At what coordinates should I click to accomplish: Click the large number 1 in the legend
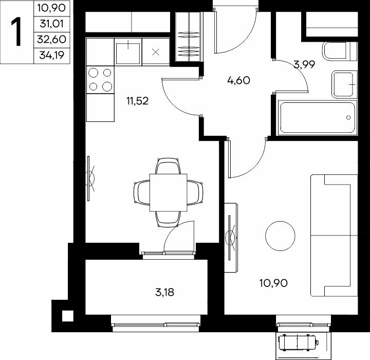(16, 32)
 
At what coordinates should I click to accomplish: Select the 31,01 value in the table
(52, 24)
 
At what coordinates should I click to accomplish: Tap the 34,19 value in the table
(52, 55)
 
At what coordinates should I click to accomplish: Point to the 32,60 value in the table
(52, 40)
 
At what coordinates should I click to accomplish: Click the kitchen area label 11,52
(138, 101)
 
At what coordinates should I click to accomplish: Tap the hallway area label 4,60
(238, 80)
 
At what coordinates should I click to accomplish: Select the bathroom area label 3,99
(304, 64)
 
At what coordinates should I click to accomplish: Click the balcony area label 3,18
(165, 292)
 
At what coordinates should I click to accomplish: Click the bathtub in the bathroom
(318, 118)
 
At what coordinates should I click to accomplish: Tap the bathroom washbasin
(344, 84)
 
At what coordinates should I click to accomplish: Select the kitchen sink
(128, 52)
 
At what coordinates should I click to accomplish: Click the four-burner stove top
(100, 80)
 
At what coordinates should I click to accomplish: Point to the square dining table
(168, 193)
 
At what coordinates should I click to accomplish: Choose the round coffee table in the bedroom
(280, 236)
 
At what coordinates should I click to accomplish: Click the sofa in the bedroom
(334, 236)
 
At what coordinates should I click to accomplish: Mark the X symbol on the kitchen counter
(156, 52)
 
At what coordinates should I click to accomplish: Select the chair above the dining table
(168, 166)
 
